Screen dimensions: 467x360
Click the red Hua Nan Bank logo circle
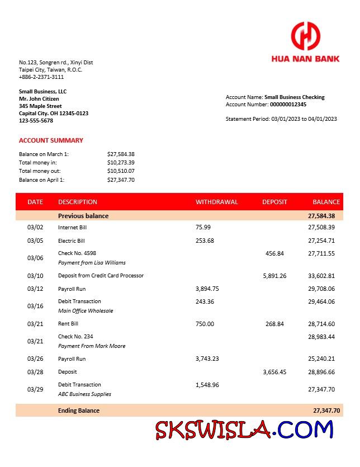[x=305, y=36]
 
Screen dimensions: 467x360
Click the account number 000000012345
[x=288, y=104]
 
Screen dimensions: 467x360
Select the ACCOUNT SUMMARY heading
[x=51, y=140]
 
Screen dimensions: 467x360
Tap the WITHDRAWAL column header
[x=216, y=202]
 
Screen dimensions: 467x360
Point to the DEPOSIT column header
[x=274, y=202]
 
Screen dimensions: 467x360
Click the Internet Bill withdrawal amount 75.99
[x=203, y=228]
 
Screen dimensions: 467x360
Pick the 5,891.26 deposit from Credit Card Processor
[x=274, y=276]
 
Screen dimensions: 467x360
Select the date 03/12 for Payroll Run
[x=35, y=289]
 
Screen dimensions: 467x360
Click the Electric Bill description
[x=72, y=241]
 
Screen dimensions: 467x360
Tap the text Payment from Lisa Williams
[x=92, y=262]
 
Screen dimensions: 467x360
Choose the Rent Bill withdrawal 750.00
[x=205, y=324]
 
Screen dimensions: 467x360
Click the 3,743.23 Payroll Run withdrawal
[x=207, y=358]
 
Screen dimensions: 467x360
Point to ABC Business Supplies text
[x=84, y=394]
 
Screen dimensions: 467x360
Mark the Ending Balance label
[x=79, y=411]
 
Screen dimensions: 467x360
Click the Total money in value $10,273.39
[x=121, y=162]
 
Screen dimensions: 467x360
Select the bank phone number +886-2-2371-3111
[x=41, y=77]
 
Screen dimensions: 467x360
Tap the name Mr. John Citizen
[x=39, y=98]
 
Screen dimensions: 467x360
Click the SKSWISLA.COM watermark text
[x=244, y=430]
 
